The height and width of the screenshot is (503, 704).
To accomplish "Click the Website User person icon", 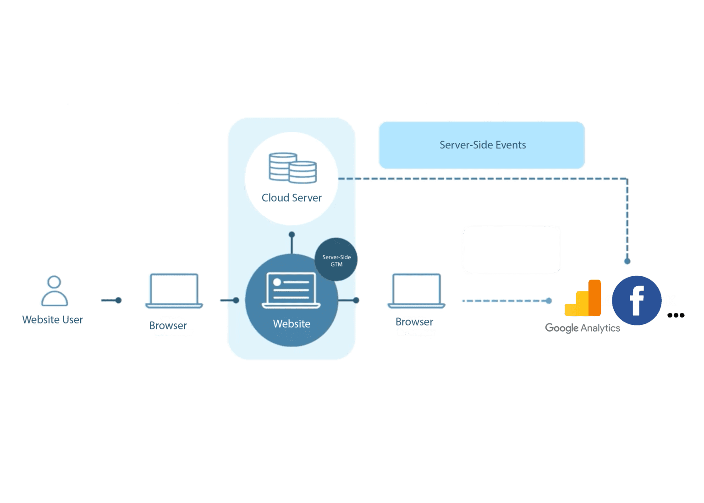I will coord(54,291).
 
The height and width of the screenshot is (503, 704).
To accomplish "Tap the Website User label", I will coord(52,320).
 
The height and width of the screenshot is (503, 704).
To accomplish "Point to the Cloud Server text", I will coord(291,198).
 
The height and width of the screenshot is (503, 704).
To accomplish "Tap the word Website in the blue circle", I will coord(291,324).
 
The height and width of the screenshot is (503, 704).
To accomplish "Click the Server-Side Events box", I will coord(482,145).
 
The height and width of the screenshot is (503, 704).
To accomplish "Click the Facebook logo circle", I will coord(637,301).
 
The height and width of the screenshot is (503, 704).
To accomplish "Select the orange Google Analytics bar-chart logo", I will coord(583,298).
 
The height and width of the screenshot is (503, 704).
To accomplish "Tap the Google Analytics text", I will coord(583,328).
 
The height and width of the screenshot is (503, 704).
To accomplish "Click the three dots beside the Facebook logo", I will coord(676,315).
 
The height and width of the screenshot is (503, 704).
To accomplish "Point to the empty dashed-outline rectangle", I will coord(511,250).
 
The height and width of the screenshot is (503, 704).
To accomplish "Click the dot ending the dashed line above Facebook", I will coord(627,262).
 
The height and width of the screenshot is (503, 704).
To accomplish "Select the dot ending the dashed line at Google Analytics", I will coord(548,301).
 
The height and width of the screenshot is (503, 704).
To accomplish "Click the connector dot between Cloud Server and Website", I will coord(291,235).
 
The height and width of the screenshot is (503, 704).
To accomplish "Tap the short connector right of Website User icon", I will coord(111,301).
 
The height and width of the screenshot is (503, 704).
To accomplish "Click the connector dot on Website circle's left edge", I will coord(236,301).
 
